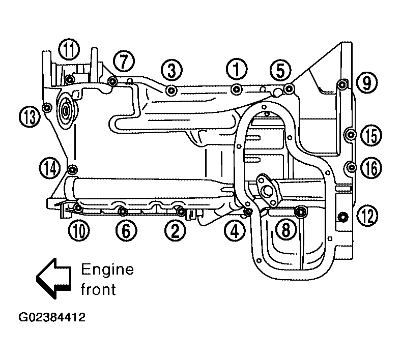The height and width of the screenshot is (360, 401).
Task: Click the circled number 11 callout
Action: tap(69, 49)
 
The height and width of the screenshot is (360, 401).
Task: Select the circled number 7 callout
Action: tap(124, 62)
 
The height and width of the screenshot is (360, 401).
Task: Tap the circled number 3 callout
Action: tap(171, 70)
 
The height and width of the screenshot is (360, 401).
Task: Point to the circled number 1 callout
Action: tap(237, 69)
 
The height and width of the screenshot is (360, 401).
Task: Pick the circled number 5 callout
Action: tap(280, 70)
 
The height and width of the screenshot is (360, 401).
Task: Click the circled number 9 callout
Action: tap(367, 82)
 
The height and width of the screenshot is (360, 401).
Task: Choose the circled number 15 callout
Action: tap(371, 135)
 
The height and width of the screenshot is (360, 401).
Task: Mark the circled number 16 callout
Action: tap(371, 168)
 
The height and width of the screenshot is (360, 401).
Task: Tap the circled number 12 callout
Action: tap(367, 216)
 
